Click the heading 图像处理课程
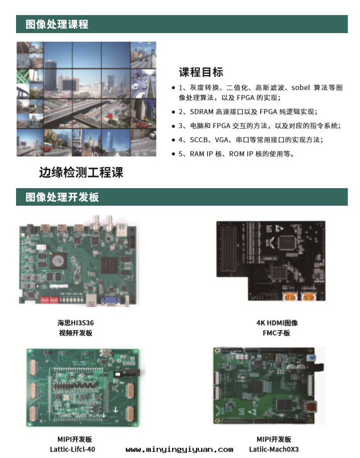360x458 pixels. tap(57, 24)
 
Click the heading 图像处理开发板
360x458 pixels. tap(62, 197)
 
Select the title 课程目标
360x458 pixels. tap(201, 72)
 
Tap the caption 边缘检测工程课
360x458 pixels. tap(81, 173)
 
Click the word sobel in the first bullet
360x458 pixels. tap(300, 87)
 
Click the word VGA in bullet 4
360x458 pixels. tap(222, 140)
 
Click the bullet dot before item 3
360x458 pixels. tap(173, 126)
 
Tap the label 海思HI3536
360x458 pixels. tap(76, 323)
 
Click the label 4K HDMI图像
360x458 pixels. tap(277, 323)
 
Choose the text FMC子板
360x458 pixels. tap(276, 333)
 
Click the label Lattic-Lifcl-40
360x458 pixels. tap(72, 449)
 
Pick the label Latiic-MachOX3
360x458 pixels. tap(274, 449)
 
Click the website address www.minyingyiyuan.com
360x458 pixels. tap(179, 449)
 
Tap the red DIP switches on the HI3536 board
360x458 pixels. tap(49, 299)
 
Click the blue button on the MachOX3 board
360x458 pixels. tap(312, 358)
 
